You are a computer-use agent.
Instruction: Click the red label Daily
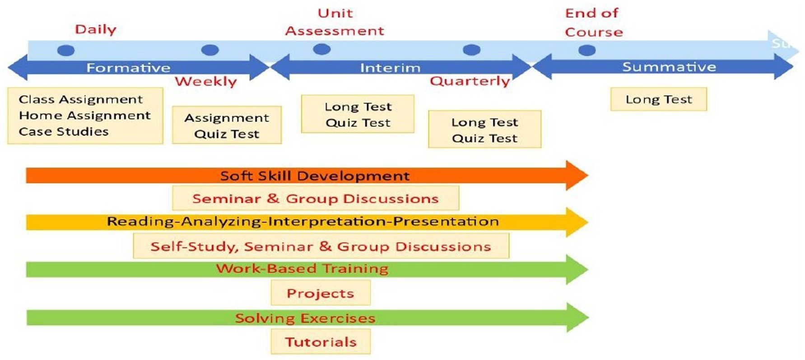[x=96, y=30]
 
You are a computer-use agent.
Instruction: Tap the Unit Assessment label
[x=335, y=22]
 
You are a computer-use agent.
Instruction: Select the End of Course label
[x=594, y=23]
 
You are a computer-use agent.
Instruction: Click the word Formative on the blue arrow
[x=128, y=68]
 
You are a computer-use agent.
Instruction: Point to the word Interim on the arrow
[x=390, y=68]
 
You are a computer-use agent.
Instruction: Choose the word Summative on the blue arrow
[x=669, y=67]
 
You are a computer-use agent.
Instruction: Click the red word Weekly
[x=206, y=82]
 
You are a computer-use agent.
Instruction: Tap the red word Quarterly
[x=470, y=81]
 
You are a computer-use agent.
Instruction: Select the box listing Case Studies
[x=85, y=116]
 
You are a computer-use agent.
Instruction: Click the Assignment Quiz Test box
[x=227, y=125]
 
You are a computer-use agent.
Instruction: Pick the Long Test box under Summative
[x=659, y=99]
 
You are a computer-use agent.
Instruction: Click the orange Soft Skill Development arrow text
[x=315, y=176]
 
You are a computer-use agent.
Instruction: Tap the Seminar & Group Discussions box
[x=316, y=198]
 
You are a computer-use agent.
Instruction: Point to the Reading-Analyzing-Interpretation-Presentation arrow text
[x=302, y=221]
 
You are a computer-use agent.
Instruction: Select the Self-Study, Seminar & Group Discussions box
[x=321, y=246]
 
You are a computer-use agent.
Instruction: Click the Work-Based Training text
[x=302, y=269]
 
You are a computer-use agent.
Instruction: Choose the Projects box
[x=321, y=293]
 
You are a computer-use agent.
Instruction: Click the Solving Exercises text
[x=305, y=318]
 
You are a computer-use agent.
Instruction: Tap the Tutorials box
[x=321, y=342]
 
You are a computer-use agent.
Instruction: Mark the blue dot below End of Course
[x=586, y=50]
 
